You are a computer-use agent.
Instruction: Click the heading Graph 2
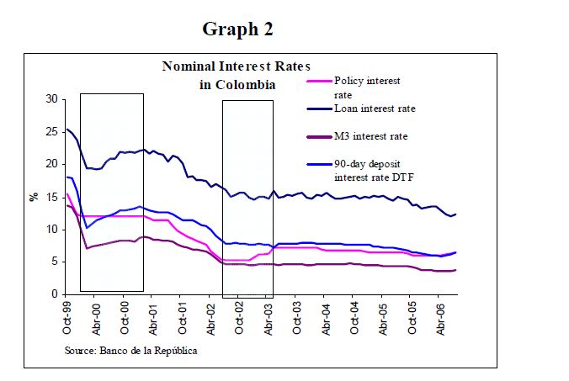click(x=237, y=29)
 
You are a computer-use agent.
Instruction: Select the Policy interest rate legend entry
click(x=367, y=87)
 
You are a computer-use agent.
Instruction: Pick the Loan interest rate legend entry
click(x=375, y=108)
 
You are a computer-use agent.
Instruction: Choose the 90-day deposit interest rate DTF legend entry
click(x=375, y=170)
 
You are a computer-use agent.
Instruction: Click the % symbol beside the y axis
click(x=34, y=197)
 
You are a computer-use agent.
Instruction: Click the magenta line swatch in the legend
click(x=318, y=82)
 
